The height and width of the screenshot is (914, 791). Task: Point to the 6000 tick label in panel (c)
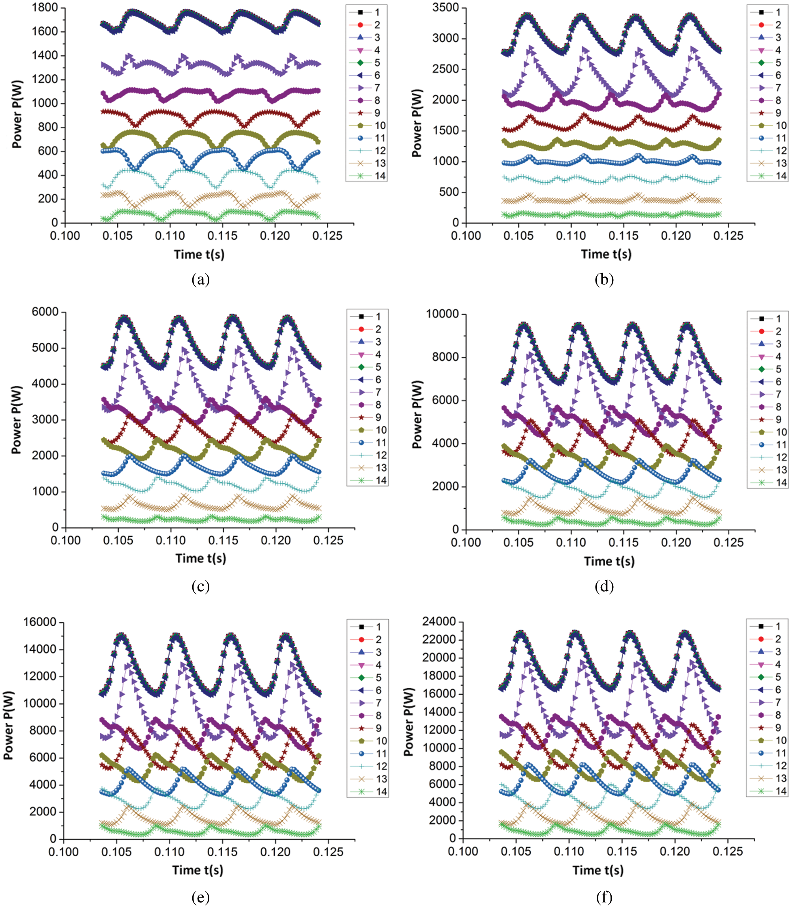45,312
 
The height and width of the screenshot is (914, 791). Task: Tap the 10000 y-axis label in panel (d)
442,314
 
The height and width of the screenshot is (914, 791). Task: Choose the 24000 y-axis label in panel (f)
439,622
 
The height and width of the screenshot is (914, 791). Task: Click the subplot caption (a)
201,279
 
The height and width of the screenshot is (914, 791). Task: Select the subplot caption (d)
604,586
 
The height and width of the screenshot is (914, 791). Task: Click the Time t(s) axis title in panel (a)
199,255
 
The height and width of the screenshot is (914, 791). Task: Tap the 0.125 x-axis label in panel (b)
728,236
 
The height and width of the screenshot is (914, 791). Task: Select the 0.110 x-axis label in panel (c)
170,541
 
